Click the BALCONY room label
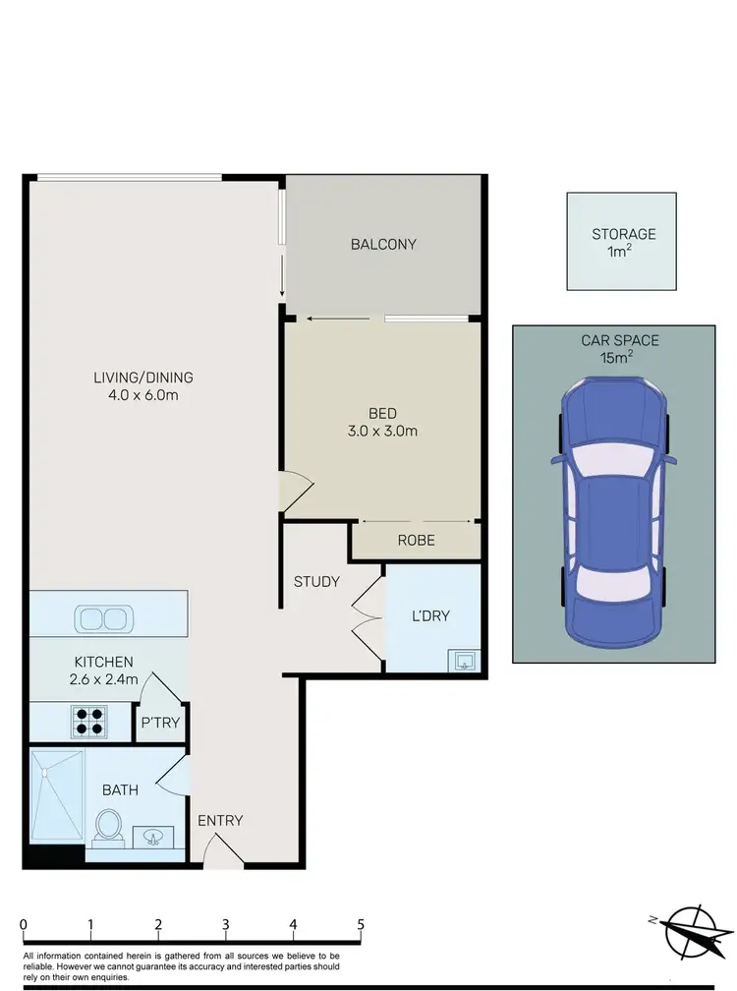click(x=383, y=245)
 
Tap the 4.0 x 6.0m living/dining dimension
click(x=143, y=395)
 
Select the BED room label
click(x=382, y=413)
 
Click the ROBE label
click(x=416, y=541)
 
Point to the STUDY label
click(x=316, y=582)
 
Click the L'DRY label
click(x=429, y=616)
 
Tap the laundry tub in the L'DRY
click(x=462, y=660)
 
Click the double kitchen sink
click(x=102, y=619)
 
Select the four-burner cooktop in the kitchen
click(x=85, y=722)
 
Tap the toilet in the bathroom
click(x=108, y=826)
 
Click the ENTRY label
click(x=220, y=821)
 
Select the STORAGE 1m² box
click(x=623, y=242)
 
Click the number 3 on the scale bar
click(x=226, y=924)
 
